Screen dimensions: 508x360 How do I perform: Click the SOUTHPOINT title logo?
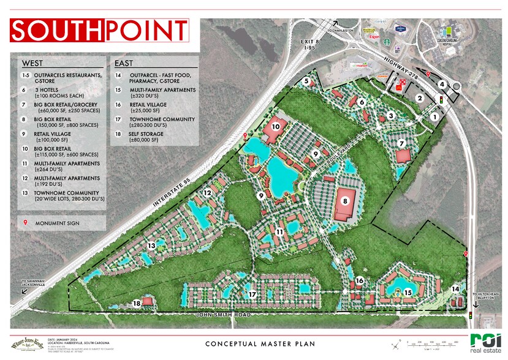click(99, 30)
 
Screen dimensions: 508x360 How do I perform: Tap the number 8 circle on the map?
click(345, 200)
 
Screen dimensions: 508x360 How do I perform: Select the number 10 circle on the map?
click(276, 126)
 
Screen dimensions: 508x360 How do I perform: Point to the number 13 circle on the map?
click(151, 246)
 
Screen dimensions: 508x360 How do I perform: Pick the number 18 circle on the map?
click(137, 303)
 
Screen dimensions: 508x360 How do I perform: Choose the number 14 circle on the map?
click(455, 289)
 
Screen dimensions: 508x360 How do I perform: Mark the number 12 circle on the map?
click(208, 193)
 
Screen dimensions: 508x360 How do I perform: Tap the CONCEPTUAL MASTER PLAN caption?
click(260, 344)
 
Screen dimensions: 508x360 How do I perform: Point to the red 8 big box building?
click(348, 204)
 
